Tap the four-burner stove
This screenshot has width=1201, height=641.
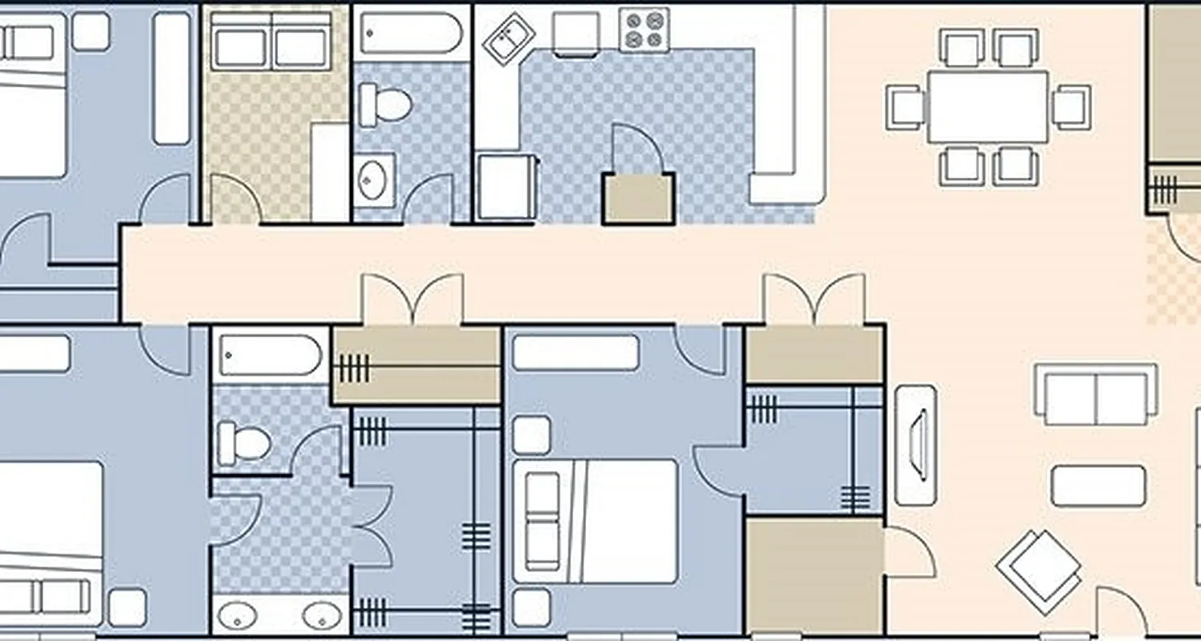(x=644, y=30)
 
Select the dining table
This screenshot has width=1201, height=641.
(x=987, y=107)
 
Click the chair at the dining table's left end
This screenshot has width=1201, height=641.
(x=906, y=107)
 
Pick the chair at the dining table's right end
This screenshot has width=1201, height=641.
(x=1071, y=107)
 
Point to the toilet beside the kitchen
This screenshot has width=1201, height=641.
(x=385, y=105)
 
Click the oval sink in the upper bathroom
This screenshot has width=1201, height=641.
(x=373, y=180)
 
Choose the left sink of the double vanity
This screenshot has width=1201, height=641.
(x=238, y=615)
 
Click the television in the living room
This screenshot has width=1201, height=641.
(x=915, y=445)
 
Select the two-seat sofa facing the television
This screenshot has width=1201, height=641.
(x=1095, y=394)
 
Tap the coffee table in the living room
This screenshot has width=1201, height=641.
(x=1098, y=486)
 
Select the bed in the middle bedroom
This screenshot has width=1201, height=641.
(x=596, y=521)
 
